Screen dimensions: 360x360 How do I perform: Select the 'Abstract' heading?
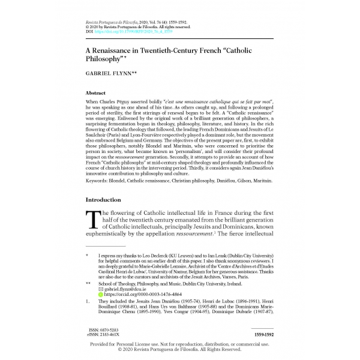(96, 94)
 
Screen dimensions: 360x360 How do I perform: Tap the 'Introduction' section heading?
(103, 200)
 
